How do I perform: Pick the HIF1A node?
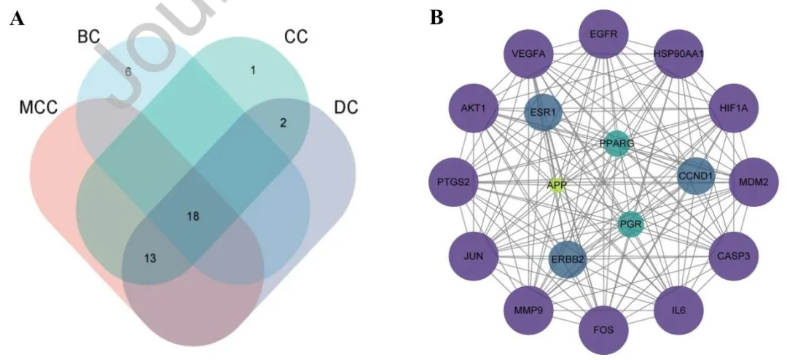tap(734, 109)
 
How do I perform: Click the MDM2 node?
tap(753, 182)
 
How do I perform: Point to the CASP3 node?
tap(734, 256)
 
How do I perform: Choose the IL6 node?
tap(679, 310)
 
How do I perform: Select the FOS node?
tap(603, 329)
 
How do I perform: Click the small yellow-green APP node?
tap(557, 185)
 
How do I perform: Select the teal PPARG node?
tap(616, 144)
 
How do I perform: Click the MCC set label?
tap(39, 108)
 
